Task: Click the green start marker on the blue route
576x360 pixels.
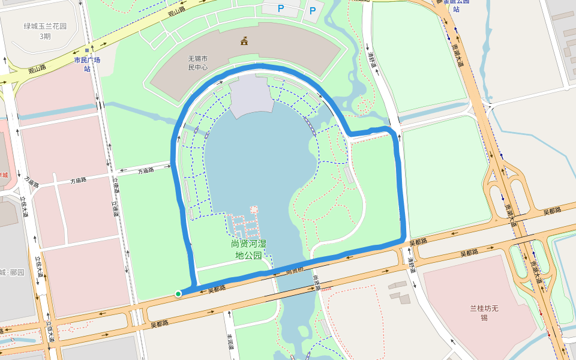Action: click(178, 293)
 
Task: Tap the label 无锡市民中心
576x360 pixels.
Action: click(198, 63)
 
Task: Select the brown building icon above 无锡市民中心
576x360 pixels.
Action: click(244, 41)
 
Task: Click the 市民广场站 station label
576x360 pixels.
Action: click(87, 64)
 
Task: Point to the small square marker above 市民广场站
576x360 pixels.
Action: click(87, 50)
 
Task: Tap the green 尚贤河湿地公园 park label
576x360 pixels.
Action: click(248, 250)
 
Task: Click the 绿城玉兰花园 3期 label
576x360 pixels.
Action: click(45, 31)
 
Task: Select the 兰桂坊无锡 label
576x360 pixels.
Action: click(484, 313)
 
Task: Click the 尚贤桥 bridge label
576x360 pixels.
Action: click(294, 271)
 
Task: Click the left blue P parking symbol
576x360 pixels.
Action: click(280, 9)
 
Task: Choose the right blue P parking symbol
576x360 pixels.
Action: click(312, 11)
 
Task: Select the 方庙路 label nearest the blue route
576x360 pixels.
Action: click(146, 170)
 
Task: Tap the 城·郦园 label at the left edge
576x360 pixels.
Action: click(12, 272)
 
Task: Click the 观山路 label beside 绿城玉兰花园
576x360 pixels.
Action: click(37, 70)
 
